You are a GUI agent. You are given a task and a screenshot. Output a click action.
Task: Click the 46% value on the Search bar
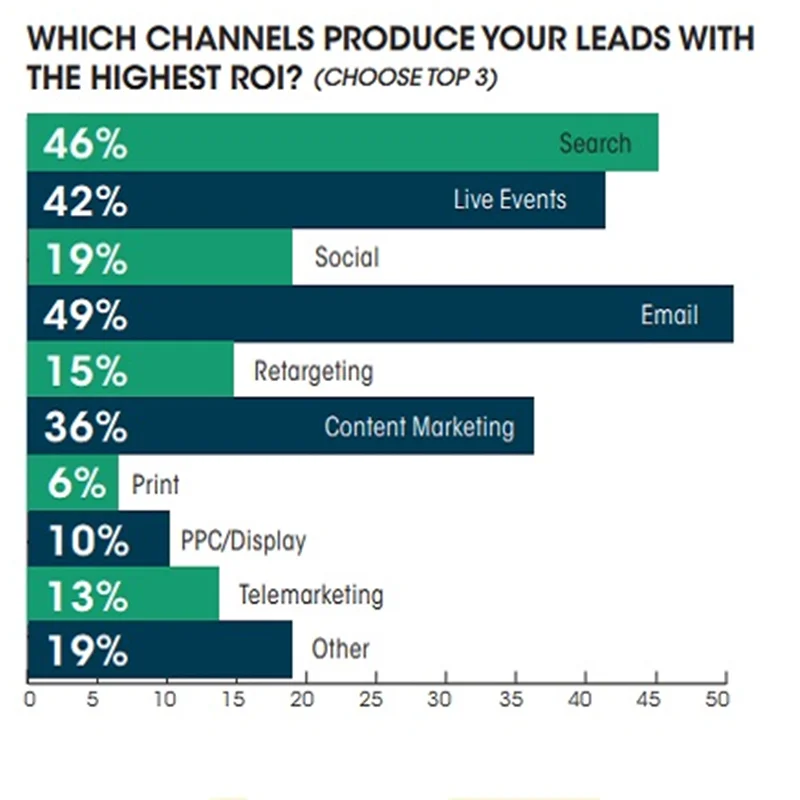tap(85, 144)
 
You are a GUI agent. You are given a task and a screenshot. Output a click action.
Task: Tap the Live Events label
tap(509, 199)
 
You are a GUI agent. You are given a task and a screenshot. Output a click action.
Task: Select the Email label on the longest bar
tap(669, 315)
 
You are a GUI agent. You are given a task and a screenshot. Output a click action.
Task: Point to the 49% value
tap(85, 315)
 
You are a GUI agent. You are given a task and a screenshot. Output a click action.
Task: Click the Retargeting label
tap(313, 372)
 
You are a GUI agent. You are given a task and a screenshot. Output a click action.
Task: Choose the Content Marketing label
tap(419, 428)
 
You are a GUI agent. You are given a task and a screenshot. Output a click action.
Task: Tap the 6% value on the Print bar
tap(75, 485)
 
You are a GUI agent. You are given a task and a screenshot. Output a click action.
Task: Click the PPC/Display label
tap(243, 542)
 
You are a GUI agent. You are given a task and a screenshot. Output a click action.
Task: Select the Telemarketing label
tap(310, 596)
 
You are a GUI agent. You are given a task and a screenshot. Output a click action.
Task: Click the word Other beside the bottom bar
tap(340, 650)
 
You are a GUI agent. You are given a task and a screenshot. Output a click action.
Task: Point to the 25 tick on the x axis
tap(373, 701)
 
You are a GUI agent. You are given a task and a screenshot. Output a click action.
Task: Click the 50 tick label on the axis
tap(716, 701)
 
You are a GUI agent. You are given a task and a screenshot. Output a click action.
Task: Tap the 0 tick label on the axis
tap(29, 701)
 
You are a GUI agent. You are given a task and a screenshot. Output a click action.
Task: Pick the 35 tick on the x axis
tap(510, 701)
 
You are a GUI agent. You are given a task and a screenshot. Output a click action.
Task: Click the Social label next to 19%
tap(347, 257)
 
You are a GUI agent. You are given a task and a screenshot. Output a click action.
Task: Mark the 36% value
tap(85, 428)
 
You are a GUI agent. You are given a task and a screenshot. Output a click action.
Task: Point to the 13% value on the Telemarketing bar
tap(85, 596)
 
